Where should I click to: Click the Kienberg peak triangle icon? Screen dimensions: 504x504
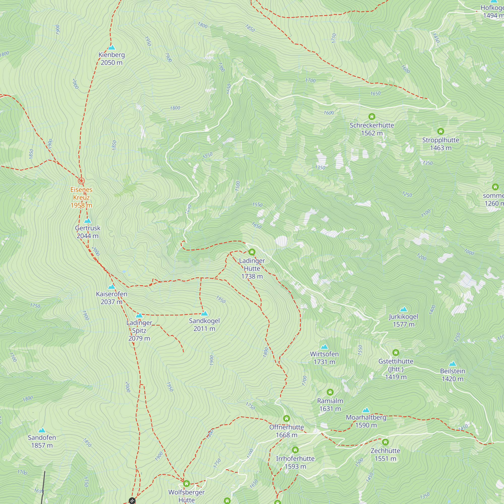112,47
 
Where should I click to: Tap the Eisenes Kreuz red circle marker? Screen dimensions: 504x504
81,181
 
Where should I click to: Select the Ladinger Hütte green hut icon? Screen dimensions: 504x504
252,252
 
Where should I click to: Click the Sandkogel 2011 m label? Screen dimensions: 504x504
204,325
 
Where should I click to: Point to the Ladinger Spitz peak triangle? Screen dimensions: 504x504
139,316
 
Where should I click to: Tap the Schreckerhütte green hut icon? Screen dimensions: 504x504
372,117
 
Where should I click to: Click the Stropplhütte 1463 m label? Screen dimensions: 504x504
440,144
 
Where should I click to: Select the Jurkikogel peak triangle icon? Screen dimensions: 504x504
403,309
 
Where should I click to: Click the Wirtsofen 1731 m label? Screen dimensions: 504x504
324,358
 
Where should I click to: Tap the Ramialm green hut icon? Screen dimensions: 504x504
330,392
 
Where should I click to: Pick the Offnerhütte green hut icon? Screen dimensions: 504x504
287,419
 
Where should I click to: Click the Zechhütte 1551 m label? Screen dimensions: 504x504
385,455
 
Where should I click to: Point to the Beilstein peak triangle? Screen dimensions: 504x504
453,364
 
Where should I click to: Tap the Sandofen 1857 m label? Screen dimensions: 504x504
42,442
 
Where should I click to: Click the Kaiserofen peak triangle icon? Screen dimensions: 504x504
112,287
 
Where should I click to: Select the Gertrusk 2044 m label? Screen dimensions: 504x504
88,232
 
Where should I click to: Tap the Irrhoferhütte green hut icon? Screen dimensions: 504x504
295,450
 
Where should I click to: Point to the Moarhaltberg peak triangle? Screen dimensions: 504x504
366,410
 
